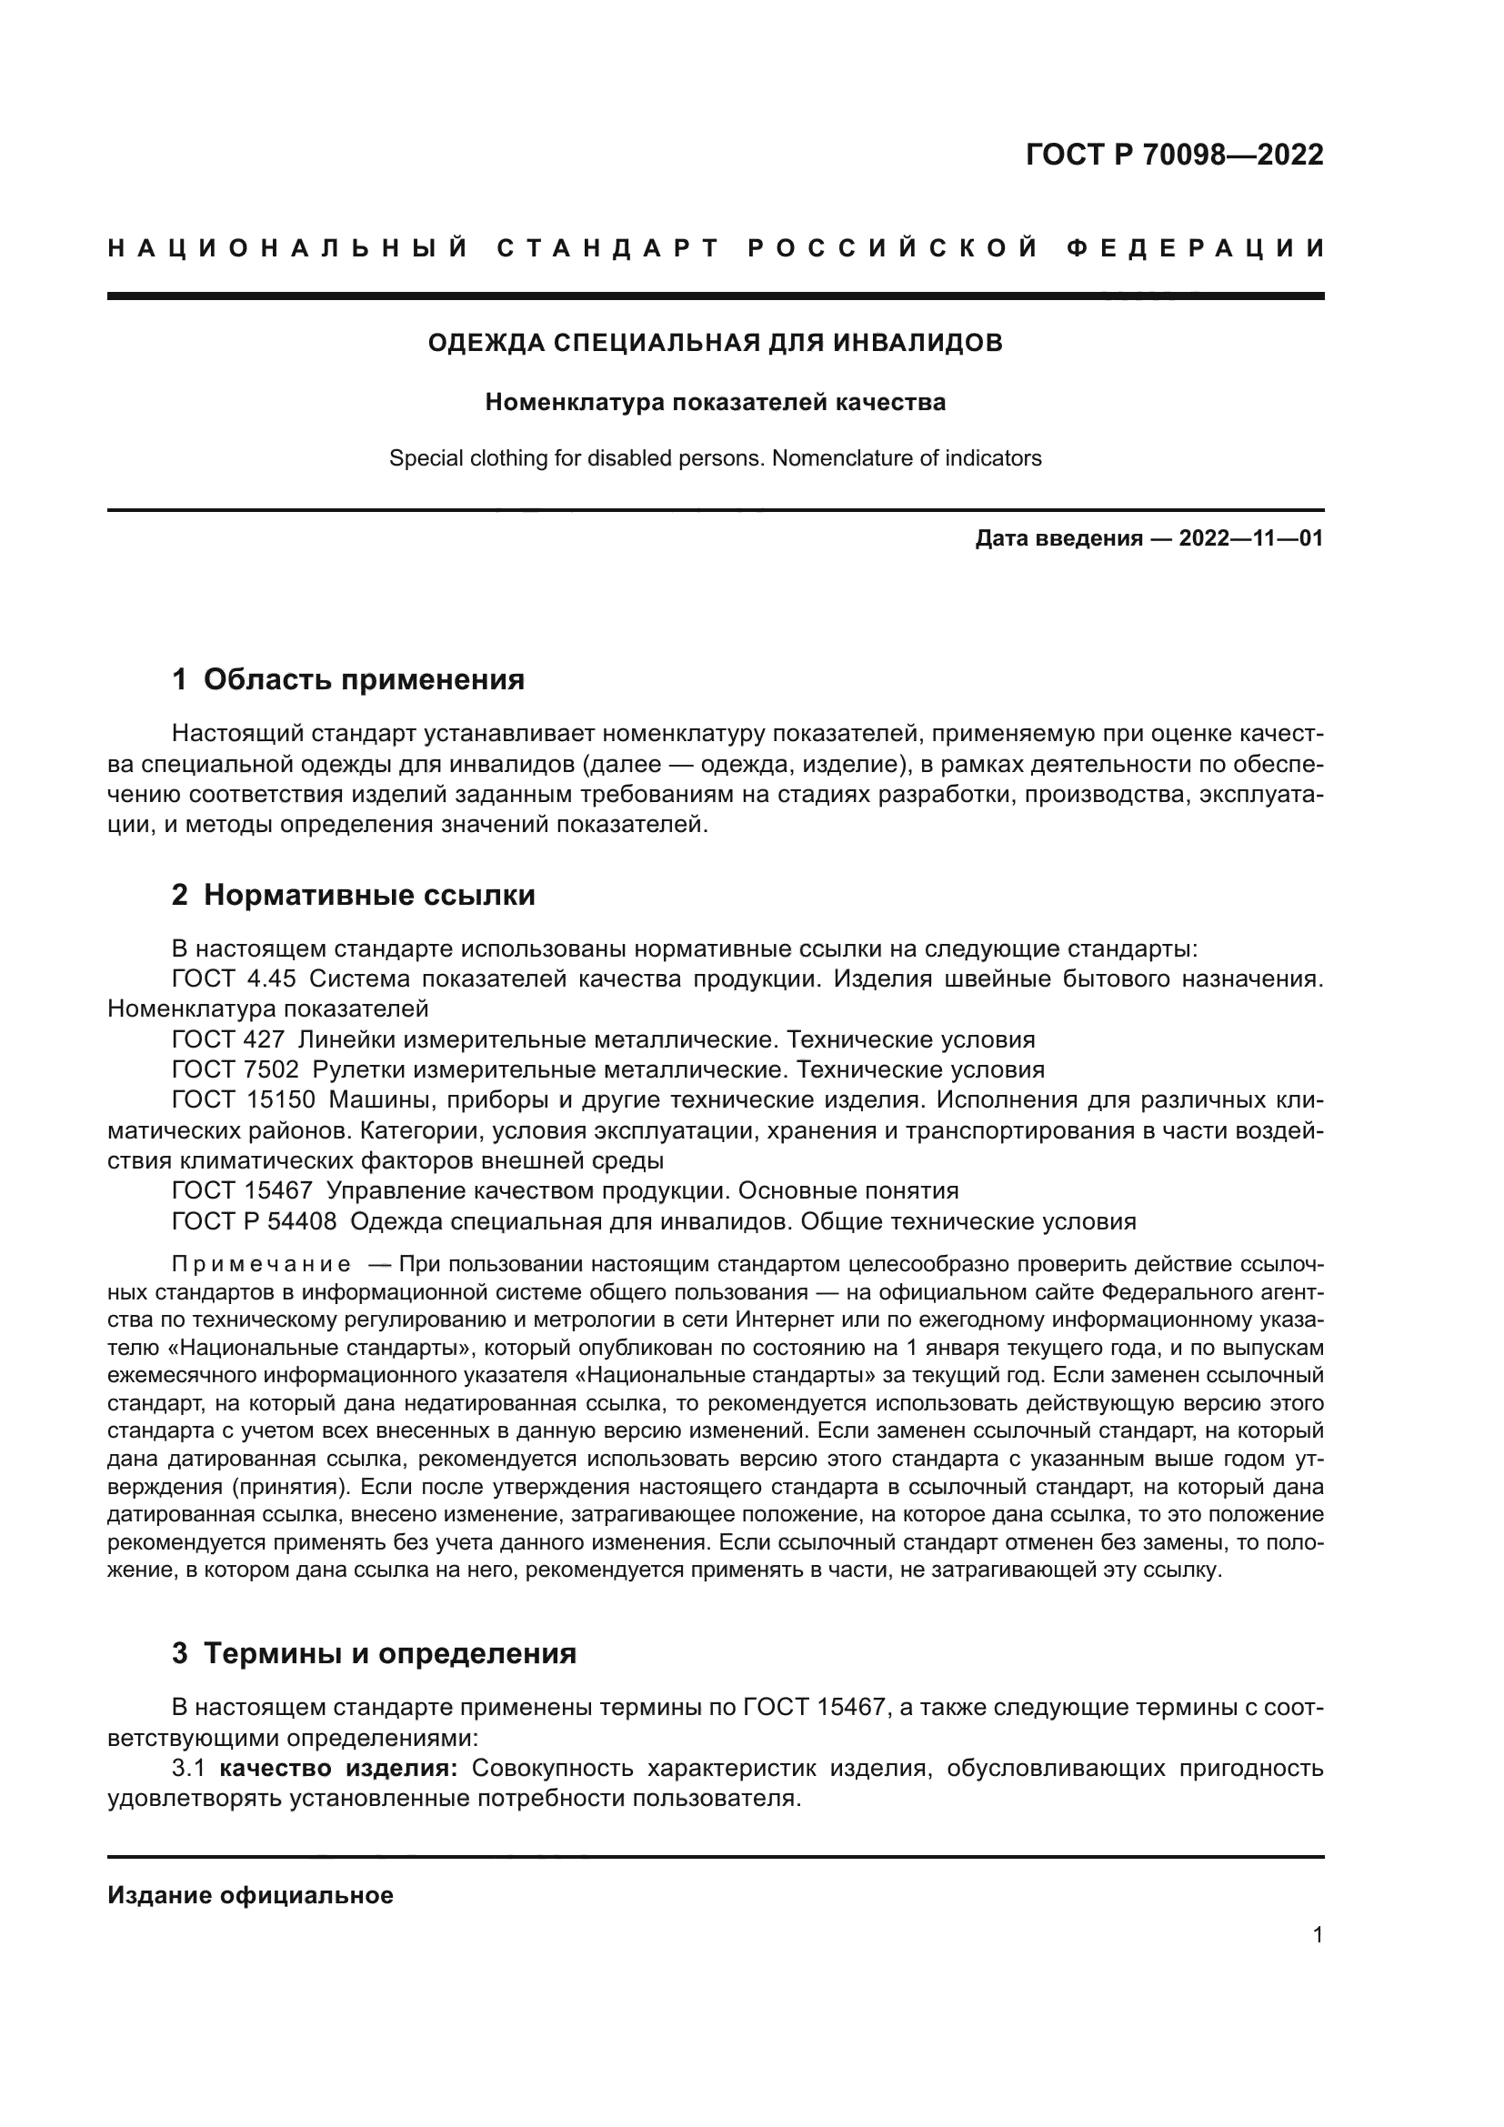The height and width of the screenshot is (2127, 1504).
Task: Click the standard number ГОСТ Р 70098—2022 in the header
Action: click(1174, 155)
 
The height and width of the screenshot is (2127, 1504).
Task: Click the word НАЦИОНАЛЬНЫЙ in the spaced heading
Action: click(288, 249)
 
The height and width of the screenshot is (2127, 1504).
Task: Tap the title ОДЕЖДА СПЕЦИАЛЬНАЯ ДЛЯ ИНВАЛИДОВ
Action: click(715, 344)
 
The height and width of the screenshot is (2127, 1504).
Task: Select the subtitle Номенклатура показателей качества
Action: click(715, 403)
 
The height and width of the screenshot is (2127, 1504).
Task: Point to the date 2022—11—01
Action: click(1250, 539)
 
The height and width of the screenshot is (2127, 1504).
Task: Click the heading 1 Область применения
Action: click(348, 680)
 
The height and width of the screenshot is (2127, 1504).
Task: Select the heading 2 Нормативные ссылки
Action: click(353, 896)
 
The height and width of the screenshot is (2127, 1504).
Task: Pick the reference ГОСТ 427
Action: click(228, 1039)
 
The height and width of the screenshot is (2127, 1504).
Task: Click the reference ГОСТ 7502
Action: click(236, 1070)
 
